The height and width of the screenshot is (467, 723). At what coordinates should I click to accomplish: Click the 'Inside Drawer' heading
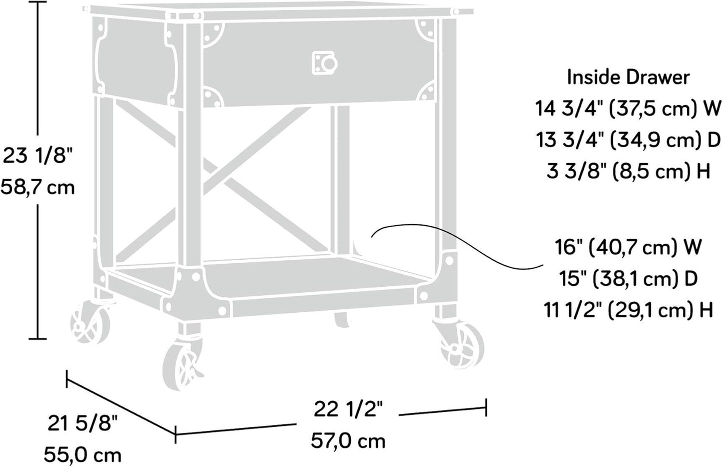coord(628,78)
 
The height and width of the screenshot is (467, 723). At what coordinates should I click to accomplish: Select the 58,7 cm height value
coord(38,187)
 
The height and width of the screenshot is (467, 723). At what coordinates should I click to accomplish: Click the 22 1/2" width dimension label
coord(348,410)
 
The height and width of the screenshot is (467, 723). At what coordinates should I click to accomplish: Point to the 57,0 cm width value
coord(348,441)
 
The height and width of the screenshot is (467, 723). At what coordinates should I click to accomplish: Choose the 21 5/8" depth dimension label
coord(83,423)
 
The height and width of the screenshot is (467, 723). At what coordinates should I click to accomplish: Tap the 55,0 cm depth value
coord(83,455)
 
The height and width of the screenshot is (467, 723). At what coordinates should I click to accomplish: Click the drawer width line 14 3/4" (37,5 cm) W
coord(628,109)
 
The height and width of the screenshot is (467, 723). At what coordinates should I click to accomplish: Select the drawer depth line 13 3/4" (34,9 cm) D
coord(628,140)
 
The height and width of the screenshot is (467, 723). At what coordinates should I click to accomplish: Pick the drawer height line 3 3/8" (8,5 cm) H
coord(628,171)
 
